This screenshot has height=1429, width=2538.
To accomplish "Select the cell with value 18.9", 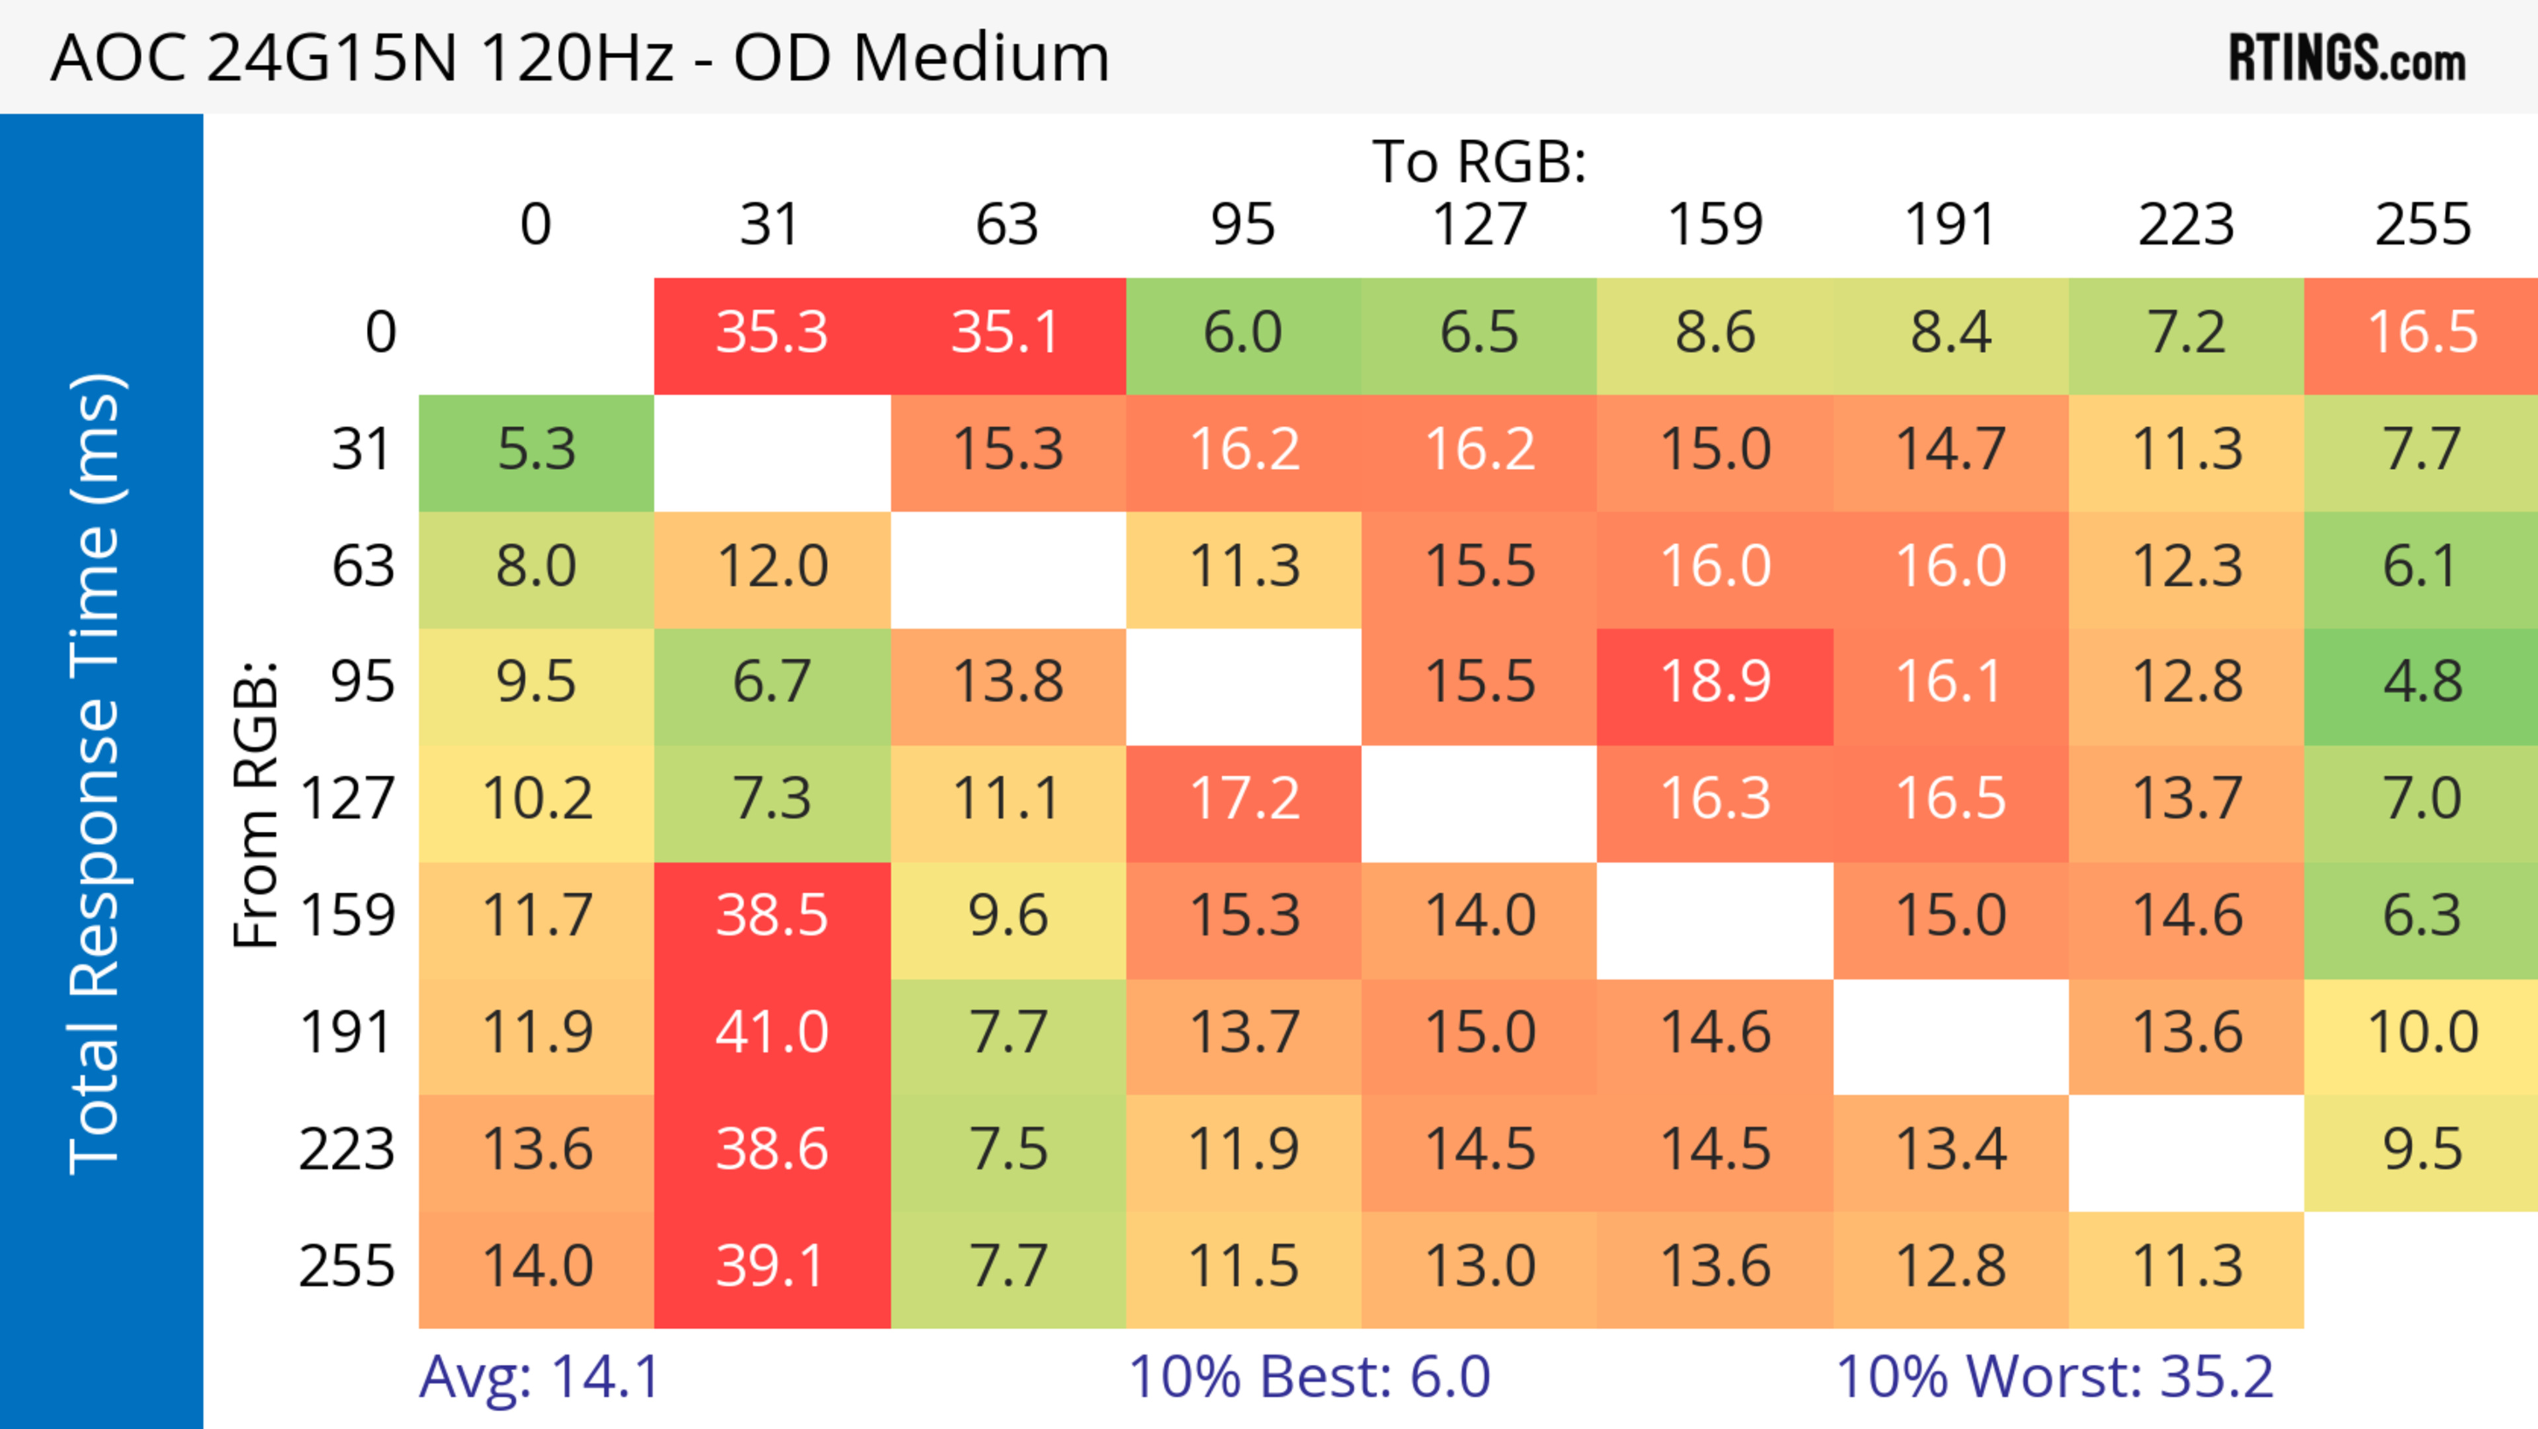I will point(1714,682).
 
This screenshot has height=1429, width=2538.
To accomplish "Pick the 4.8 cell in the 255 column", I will point(2422,682).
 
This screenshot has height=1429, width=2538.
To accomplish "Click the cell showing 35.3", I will point(771,333).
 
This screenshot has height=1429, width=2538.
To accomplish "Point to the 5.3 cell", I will point(536,450).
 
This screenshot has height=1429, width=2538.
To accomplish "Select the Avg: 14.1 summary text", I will point(539,1377).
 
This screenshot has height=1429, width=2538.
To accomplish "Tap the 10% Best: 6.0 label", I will point(1309,1377).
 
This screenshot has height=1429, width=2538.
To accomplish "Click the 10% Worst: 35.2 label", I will point(2054,1377).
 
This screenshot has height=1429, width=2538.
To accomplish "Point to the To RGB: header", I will point(1479,161).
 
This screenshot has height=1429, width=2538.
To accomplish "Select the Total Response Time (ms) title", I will point(96,774).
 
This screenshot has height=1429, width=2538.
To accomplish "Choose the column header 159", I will point(1714,225).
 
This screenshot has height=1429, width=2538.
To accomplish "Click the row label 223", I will point(347,1150).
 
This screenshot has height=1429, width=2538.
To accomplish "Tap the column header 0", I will point(536,225).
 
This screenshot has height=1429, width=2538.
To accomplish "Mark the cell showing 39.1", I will point(771,1266).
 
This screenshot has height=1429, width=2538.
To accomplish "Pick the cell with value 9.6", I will point(1007,917).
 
